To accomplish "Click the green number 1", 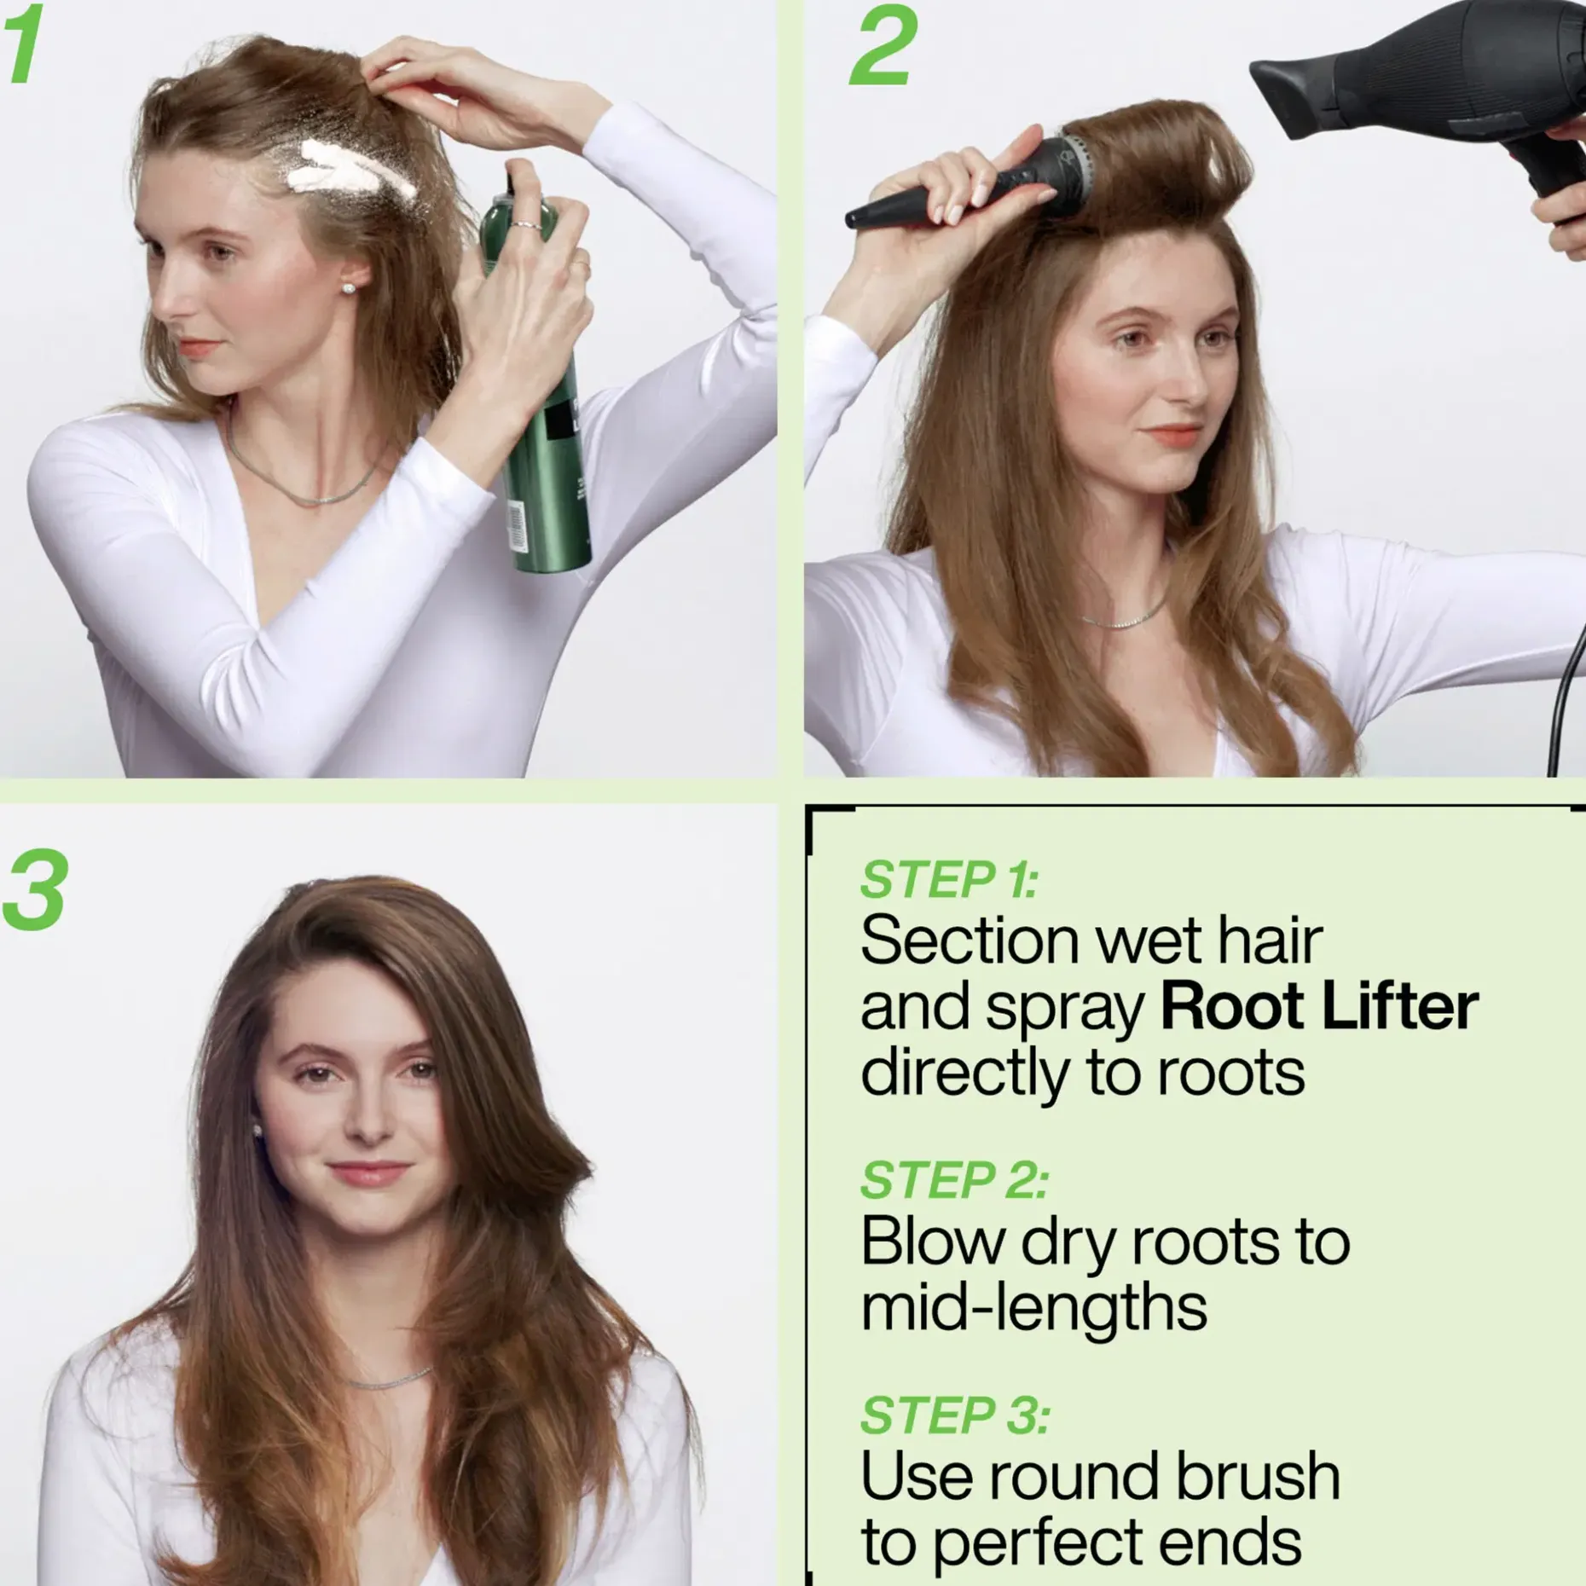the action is click(x=24, y=43).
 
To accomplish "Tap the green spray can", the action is click(x=533, y=384).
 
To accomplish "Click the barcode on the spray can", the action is click(x=517, y=525).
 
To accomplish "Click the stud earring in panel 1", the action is click(x=348, y=288).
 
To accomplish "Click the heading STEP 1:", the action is click(x=949, y=879).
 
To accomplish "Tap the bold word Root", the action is click(x=1231, y=1007).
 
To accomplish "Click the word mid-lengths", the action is click(x=1033, y=1307).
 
